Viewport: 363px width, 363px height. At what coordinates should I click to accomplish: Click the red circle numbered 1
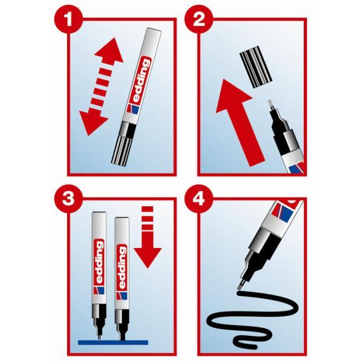pyautogui.click(x=68, y=19)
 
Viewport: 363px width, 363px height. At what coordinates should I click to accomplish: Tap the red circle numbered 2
pyautogui.click(x=198, y=19)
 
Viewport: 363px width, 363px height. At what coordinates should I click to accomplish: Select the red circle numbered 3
pyautogui.click(x=68, y=199)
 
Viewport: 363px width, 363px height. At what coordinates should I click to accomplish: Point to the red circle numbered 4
pyautogui.click(x=198, y=199)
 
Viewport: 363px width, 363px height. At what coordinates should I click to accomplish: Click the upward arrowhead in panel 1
pyautogui.click(x=110, y=51)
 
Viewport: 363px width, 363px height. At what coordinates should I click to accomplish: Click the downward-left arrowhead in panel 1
pyautogui.click(x=93, y=122)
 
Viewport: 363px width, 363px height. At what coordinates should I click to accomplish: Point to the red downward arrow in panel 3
pyautogui.click(x=148, y=237)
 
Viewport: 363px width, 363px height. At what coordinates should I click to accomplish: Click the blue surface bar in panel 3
pyautogui.click(x=113, y=342)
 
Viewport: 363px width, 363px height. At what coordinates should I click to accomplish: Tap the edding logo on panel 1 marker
pyautogui.click(x=140, y=82)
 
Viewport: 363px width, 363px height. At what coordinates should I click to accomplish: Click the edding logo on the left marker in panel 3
pyautogui.click(x=99, y=263)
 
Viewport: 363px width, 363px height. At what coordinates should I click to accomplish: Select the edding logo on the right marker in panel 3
pyautogui.click(x=122, y=267)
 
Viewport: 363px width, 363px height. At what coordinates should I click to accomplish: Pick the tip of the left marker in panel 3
pyautogui.click(x=99, y=338)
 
